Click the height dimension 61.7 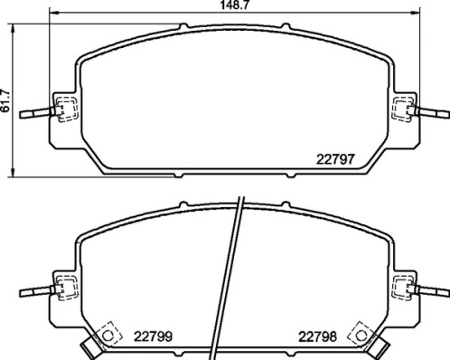(x=6, y=99)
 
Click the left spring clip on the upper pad (x=63, y=110)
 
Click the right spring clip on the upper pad (x=403, y=110)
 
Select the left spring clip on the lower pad (x=63, y=289)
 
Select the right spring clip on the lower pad (x=403, y=289)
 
